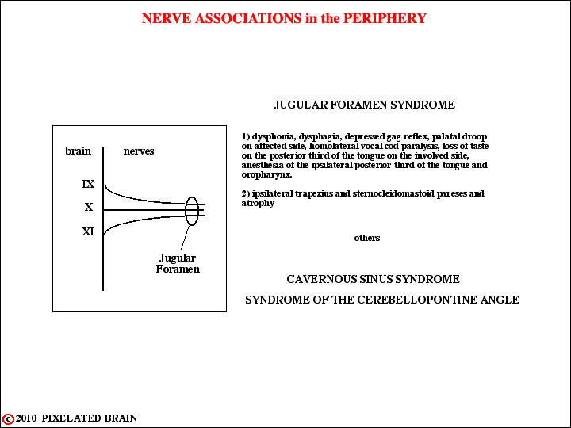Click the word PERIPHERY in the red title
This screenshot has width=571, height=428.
coord(385,18)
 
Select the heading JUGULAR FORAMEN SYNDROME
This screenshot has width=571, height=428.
coord(365,105)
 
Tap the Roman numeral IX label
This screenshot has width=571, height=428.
coord(88,184)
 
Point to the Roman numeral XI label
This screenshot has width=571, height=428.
coord(88,231)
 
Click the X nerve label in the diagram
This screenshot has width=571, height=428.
coord(89,207)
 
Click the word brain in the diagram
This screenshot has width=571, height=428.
coord(78,151)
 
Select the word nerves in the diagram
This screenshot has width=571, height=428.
coord(139,151)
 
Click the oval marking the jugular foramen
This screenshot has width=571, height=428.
coord(186,211)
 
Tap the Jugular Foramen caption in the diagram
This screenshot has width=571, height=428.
coord(178,263)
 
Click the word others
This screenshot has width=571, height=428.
coord(367,238)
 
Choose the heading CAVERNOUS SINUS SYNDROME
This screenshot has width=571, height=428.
coord(373,279)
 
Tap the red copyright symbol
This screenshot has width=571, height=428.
coord(8,419)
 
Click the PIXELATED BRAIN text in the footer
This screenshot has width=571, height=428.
coord(90,418)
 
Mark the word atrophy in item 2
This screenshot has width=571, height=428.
coord(258,204)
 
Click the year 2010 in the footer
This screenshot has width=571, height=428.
coord(26,418)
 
